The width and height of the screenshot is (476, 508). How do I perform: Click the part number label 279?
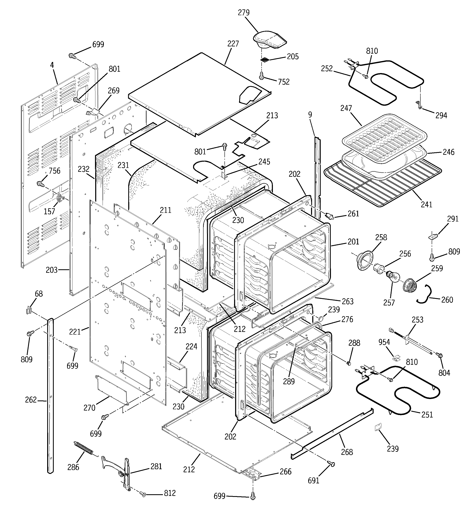point(244,13)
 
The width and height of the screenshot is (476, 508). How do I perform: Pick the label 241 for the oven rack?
point(426,204)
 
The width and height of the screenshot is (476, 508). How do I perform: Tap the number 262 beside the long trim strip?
point(31,399)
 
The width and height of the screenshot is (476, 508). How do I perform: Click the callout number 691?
point(313,480)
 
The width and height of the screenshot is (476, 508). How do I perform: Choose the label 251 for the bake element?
point(427,414)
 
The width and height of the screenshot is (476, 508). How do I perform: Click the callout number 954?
point(384,342)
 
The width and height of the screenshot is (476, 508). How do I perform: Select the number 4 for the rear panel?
point(52,65)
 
